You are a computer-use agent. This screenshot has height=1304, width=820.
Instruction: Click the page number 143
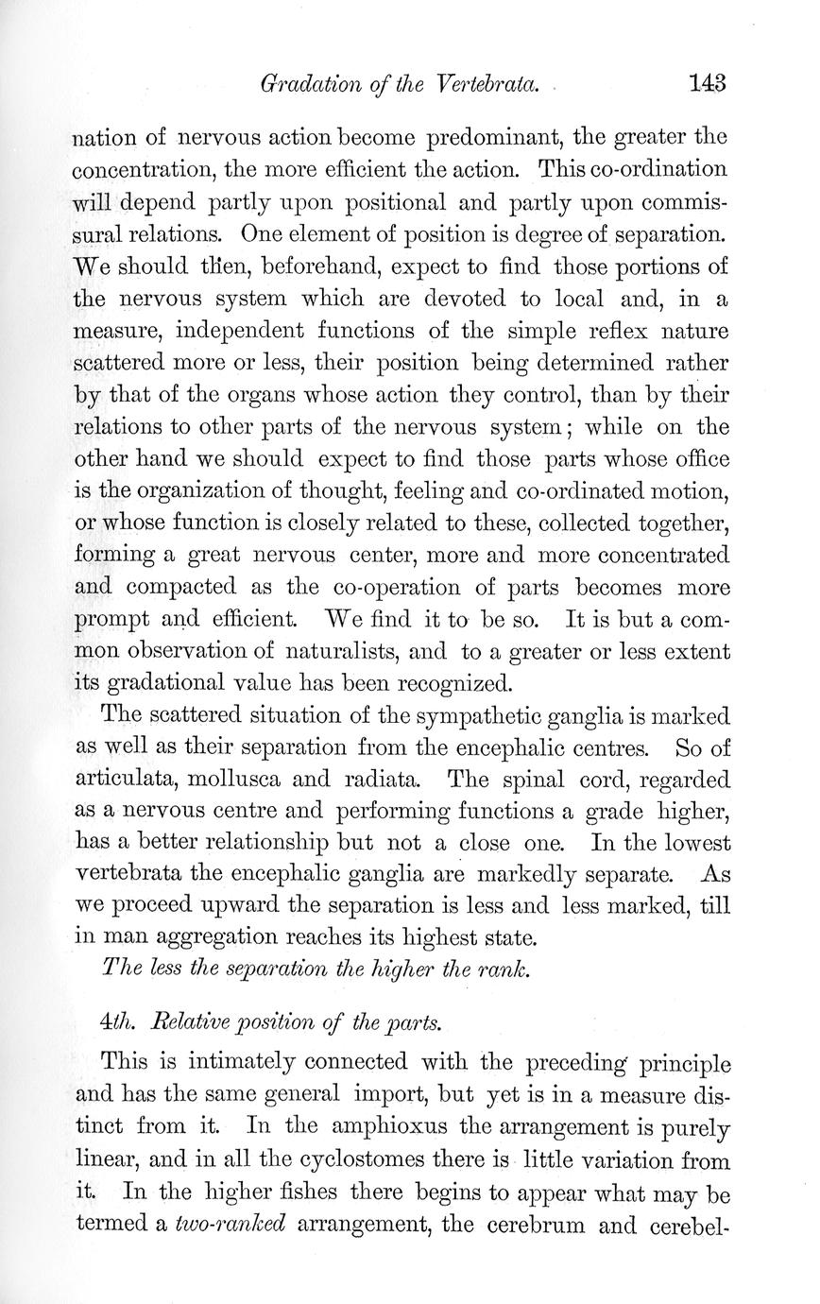pos(708,83)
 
